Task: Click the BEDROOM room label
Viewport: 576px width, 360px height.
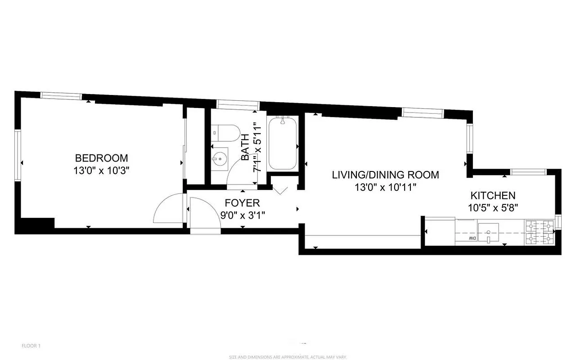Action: tap(101, 158)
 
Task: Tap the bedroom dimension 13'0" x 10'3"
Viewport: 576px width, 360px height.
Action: tap(101, 171)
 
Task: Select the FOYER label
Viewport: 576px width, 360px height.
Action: tap(243, 203)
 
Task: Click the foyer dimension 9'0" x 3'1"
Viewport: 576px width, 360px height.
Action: tap(243, 215)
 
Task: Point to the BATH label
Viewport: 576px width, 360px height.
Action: tap(245, 148)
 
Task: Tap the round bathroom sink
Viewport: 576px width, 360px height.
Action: tap(220, 158)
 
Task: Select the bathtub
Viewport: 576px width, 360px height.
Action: tap(283, 143)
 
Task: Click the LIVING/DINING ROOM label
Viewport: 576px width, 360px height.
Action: tap(385, 175)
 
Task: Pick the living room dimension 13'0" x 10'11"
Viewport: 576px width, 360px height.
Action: tap(385, 187)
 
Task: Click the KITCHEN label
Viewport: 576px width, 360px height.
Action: tap(493, 196)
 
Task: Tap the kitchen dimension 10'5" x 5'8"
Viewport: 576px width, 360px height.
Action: tap(493, 208)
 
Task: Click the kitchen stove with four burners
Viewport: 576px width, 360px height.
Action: tap(540, 232)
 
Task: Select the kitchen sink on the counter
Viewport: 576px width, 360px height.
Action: tap(488, 232)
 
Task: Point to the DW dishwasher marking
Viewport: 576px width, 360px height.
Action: tap(472, 238)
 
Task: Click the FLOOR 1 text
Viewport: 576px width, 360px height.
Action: tap(31, 346)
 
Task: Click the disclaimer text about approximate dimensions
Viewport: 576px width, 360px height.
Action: tap(288, 357)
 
